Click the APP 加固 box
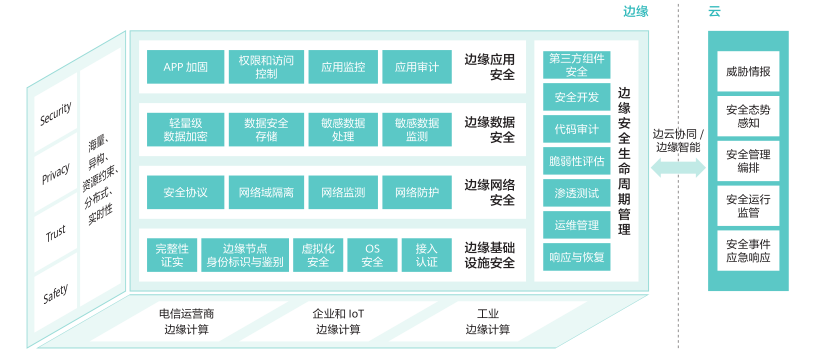click(185, 67)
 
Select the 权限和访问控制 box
click(266, 67)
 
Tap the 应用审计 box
click(417, 67)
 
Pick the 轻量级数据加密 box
click(185, 130)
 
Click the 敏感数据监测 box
click(417, 130)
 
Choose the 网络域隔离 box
click(266, 192)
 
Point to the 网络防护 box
click(417, 192)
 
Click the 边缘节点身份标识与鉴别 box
click(245, 255)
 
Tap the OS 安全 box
click(372, 255)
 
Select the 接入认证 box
click(427, 255)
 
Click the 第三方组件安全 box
click(577, 65)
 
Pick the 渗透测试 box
click(577, 194)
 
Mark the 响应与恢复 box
click(577, 257)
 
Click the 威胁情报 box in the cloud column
click(748, 71)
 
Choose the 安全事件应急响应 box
click(748, 250)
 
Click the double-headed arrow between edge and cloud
click(678, 168)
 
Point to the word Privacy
click(56, 173)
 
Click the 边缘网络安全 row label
click(489, 192)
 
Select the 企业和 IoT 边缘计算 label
click(338, 322)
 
